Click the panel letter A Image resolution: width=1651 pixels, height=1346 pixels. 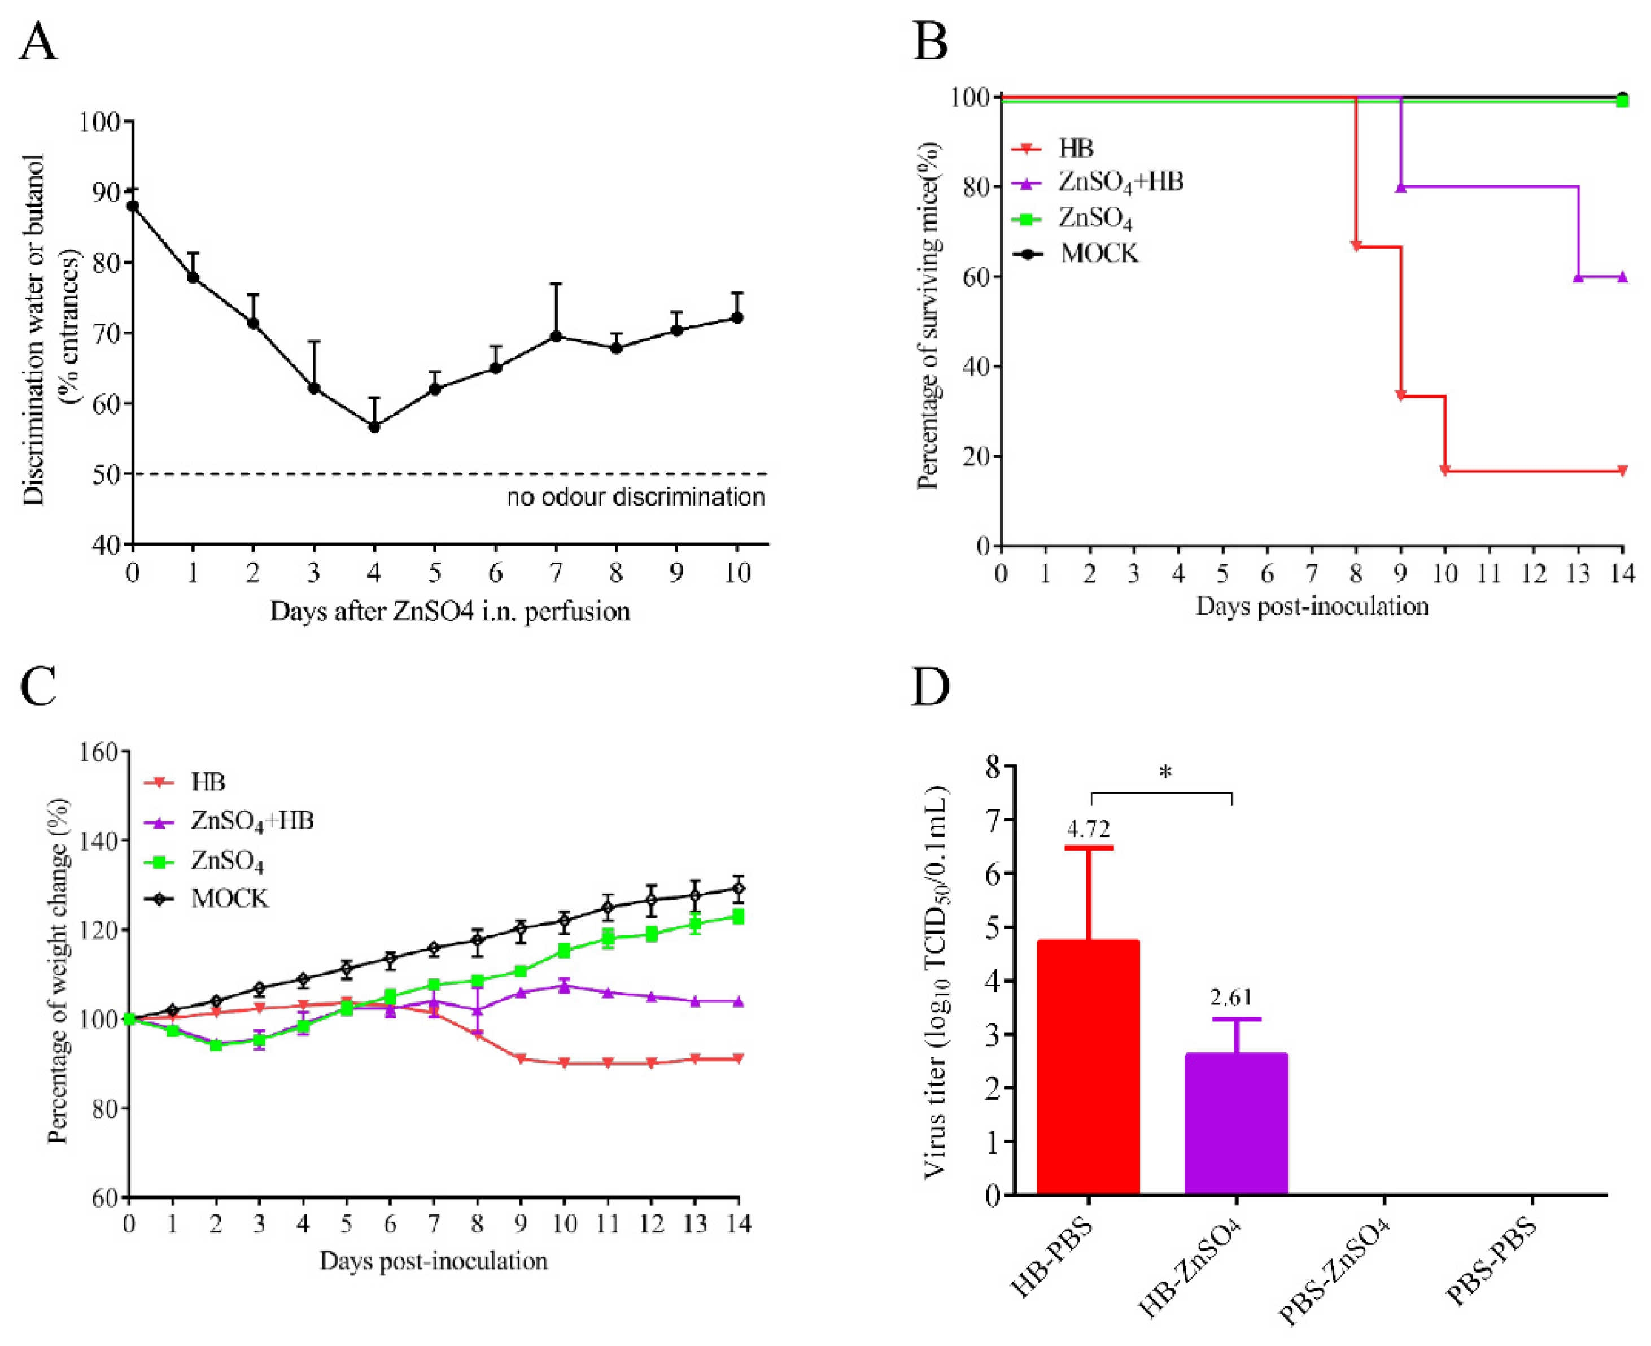pyautogui.click(x=38, y=42)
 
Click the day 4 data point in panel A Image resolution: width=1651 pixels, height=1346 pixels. pyautogui.click(x=374, y=427)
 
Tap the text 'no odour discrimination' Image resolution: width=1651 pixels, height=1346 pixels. pyautogui.click(x=636, y=497)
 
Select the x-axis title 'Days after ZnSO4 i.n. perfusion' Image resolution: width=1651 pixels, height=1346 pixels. pyautogui.click(x=449, y=612)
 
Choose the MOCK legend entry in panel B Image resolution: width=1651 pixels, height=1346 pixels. pyautogui.click(x=1099, y=254)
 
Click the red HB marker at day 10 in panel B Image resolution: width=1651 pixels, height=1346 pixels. pyautogui.click(x=1445, y=471)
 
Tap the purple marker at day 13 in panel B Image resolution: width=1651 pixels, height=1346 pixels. pyautogui.click(x=1578, y=277)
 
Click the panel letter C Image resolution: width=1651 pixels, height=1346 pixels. pyautogui.click(x=38, y=687)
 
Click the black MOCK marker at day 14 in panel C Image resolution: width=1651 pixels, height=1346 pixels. pyautogui.click(x=739, y=888)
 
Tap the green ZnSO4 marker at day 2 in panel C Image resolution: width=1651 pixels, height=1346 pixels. pyautogui.click(x=216, y=1044)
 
